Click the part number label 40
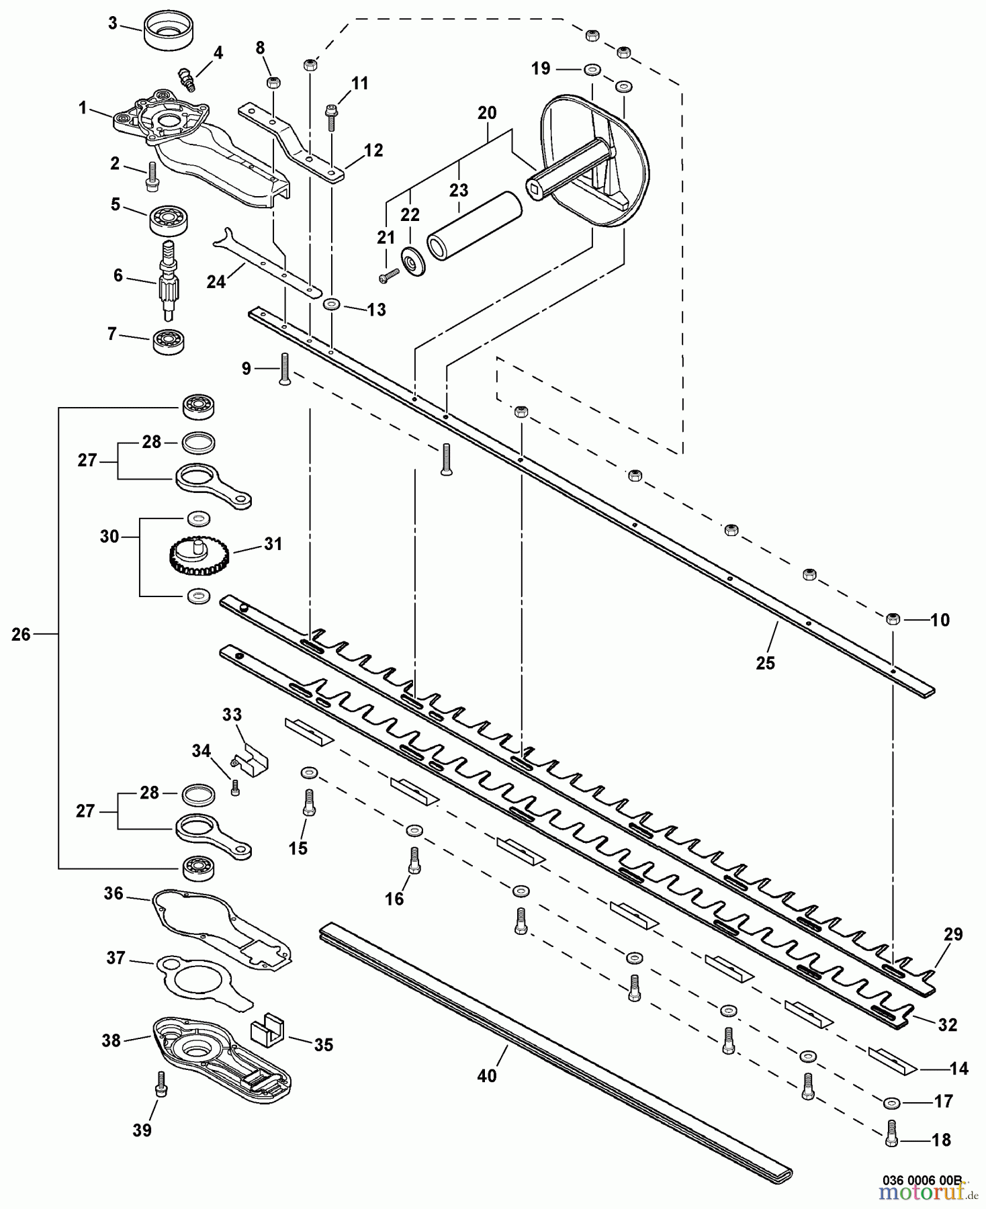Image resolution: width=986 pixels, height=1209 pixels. (x=487, y=1075)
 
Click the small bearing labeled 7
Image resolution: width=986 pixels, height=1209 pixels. (x=168, y=343)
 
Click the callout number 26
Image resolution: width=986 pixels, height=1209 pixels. (x=21, y=634)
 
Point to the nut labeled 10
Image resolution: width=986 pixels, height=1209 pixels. (x=893, y=619)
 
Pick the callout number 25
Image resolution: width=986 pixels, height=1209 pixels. (x=765, y=663)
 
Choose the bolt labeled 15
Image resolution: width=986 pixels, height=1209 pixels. (x=309, y=803)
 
